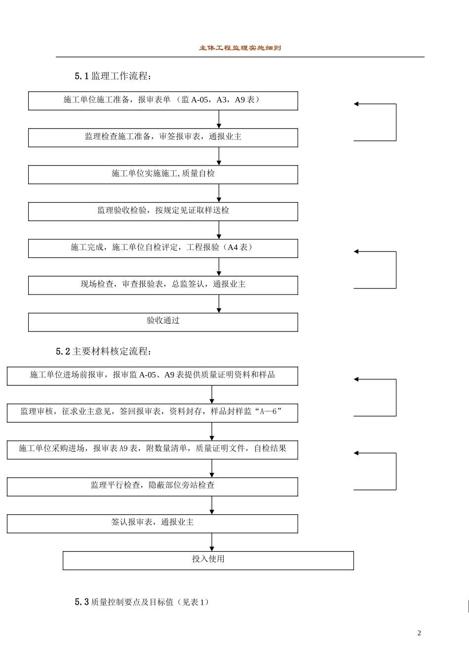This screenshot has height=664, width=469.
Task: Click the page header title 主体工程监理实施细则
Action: [x=240, y=48]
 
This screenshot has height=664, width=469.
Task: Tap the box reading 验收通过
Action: [x=163, y=322]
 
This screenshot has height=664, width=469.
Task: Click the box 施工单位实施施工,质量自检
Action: [x=163, y=174]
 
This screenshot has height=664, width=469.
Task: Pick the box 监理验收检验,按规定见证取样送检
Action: [x=163, y=211]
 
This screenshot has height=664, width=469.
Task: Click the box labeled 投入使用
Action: [x=208, y=560]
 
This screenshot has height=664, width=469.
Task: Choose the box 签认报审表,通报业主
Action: [x=152, y=523]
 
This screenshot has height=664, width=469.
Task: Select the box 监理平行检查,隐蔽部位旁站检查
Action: [x=152, y=486]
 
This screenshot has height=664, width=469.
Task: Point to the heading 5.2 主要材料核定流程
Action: [x=104, y=351]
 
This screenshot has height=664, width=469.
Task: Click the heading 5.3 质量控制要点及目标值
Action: [x=142, y=602]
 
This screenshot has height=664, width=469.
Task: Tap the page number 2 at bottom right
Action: [x=419, y=633]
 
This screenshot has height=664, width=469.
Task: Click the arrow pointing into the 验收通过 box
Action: [x=219, y=304]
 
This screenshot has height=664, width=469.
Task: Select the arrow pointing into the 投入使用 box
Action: [x=212, y=542]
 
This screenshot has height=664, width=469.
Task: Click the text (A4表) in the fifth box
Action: [x=239, y=248]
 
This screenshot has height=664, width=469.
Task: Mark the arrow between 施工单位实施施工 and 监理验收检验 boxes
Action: [x=219, y=193]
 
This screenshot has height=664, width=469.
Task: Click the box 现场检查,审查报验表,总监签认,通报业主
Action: [x=163, y=285]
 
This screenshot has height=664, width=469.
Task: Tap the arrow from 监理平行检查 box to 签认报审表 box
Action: [x=212, y=505]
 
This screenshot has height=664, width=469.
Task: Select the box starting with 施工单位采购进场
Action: [x=152, y=450]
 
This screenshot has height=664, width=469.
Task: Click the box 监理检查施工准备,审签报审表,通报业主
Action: [x=163, y=137]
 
